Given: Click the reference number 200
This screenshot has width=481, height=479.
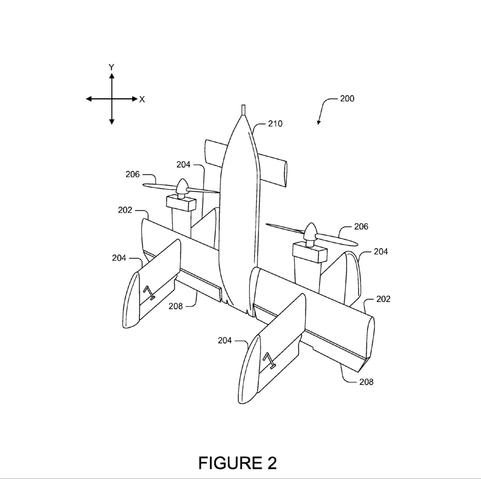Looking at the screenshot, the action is (347, 99).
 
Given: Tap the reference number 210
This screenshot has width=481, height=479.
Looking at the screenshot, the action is (275, 124).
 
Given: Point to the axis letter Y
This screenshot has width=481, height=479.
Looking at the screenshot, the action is (111, 67).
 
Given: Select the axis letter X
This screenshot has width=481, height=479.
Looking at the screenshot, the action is (142, 100).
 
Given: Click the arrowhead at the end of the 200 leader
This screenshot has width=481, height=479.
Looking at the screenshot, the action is (319, 122).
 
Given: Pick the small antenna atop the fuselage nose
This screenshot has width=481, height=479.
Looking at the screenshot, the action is (244, 110).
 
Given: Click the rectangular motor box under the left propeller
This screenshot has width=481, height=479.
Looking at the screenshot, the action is (181, 203).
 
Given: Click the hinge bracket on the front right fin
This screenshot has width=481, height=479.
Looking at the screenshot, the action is (269, 361).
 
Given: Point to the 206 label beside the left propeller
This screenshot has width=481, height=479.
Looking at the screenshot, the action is (132, 174).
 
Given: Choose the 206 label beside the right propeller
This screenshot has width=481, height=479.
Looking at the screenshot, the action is (361, 227).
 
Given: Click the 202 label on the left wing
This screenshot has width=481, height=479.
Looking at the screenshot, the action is (125, 210).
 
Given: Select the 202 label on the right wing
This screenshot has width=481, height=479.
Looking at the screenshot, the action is (383, 299).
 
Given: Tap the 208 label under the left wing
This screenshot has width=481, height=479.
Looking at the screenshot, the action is (176, 306).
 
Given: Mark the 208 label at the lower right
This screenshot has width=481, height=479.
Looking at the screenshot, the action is (367, 382).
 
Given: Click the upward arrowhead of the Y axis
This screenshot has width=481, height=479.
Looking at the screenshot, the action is (112, 76).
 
